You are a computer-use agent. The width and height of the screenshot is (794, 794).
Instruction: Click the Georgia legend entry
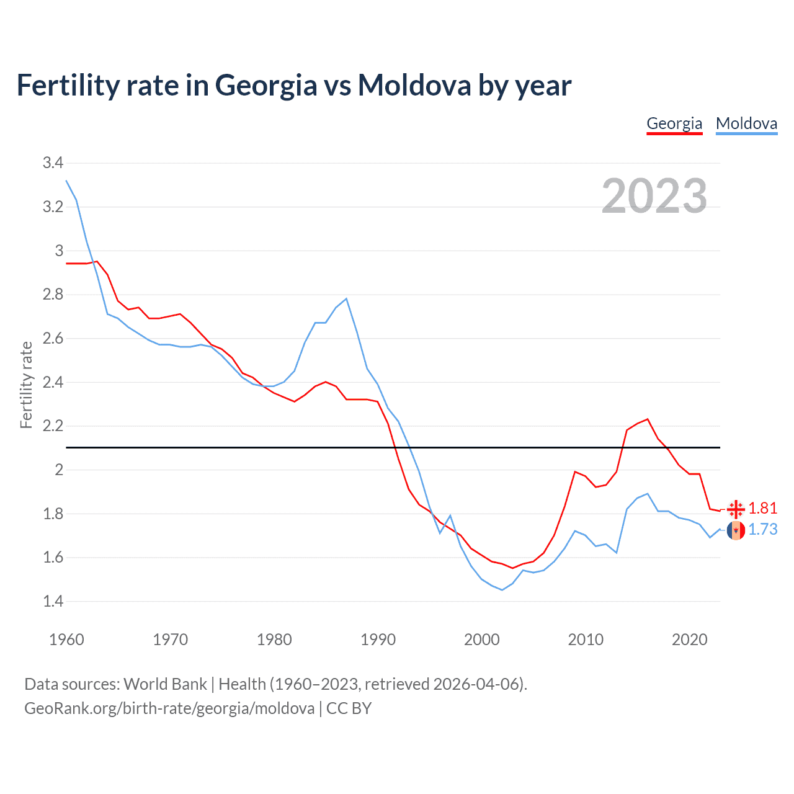pos(674,123)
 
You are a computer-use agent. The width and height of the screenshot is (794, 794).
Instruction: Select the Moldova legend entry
pos(746,123)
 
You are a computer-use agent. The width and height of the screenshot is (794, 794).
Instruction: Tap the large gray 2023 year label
pos(654,196)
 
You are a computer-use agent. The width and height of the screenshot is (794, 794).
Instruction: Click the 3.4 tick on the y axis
pos(53,163)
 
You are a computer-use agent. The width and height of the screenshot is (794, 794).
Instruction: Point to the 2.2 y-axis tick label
pos(53,426)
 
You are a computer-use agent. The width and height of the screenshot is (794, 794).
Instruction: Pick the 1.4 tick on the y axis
pos(53,601)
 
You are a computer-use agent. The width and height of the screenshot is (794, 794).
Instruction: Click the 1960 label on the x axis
pos(66,640)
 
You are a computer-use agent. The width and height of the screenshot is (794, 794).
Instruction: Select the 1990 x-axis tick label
pos(378,640)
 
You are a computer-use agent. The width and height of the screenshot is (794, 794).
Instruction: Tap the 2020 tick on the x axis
pos(689,640)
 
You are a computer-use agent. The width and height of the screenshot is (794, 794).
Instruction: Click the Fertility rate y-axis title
pos(26,385)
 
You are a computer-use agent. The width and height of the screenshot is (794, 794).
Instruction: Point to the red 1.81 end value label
pos(763,509)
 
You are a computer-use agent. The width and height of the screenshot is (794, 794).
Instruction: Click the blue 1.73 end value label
pos(763,530)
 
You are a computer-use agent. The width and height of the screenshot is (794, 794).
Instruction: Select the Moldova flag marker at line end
pos(736,530)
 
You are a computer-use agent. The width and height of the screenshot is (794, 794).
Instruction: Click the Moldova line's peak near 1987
pos(346,299)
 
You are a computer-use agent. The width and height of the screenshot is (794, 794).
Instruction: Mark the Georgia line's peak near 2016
pos(648,419)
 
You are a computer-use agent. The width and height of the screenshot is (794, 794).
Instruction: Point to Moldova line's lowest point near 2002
pos(502,590)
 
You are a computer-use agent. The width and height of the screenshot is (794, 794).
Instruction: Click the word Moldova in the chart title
pos(414,85)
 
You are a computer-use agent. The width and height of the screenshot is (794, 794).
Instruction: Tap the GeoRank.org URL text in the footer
pos(169,708)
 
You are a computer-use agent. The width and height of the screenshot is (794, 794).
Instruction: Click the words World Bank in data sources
pos(165,684)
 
